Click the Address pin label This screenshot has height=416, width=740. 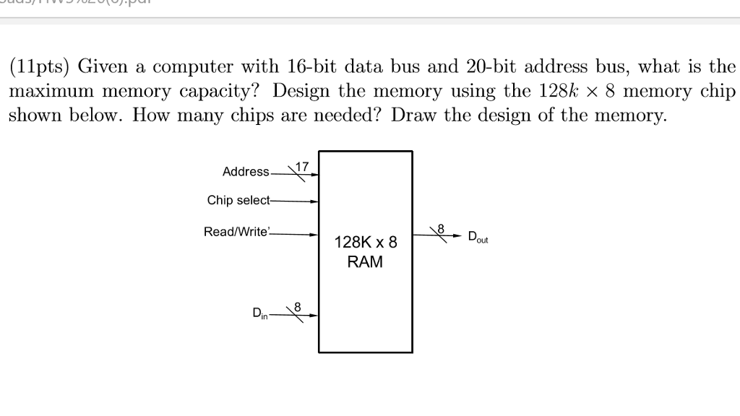(246, 172)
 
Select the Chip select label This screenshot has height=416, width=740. (238, 200)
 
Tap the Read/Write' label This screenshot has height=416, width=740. (236, 232)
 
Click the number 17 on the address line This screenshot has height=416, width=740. (302, 166)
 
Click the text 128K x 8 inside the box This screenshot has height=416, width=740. (366, 243)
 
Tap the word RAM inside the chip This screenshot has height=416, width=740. (366, 262)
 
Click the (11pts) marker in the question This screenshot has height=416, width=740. (39, 67)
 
